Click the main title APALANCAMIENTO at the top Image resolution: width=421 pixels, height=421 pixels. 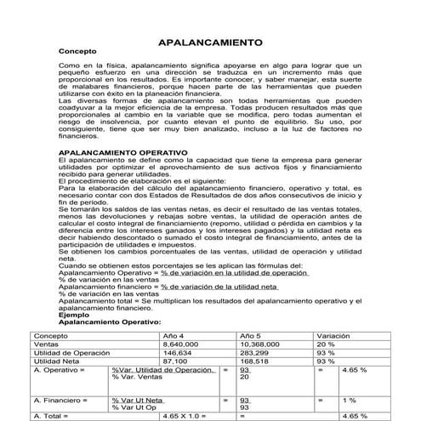(210, 41)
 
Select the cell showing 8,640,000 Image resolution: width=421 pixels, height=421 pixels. (182, 344)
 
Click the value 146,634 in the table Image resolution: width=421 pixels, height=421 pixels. (178, 353)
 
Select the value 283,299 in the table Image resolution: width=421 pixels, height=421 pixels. (258, 353)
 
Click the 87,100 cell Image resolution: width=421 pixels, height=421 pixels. (175, 361)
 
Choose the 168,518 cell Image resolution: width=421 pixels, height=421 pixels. (258, 361)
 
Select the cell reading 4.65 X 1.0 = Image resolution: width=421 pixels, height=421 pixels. (184, 416)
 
